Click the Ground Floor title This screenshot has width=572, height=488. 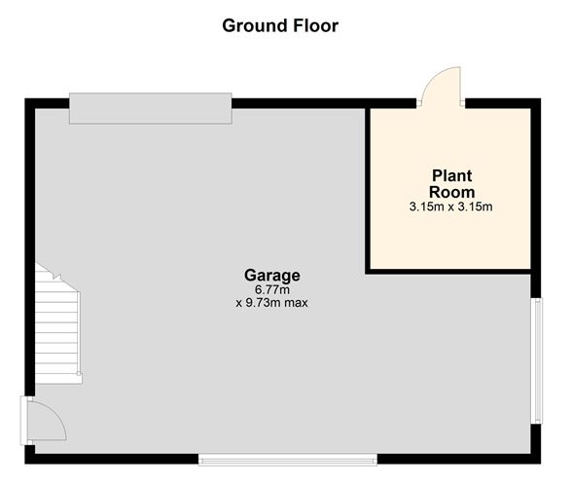(280, 25)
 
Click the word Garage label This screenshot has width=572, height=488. (271, 275)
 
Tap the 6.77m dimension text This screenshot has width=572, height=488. (271, 289)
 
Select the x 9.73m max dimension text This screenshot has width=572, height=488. (271, 303)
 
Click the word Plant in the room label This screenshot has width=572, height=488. (451, 176)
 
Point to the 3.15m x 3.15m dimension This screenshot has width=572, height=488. (451, 206)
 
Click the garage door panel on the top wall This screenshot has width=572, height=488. (150, 108)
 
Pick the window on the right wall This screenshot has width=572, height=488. (536, 360)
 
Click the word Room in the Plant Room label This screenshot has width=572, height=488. (451, 192)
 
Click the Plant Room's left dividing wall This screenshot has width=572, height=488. (368, 185)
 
